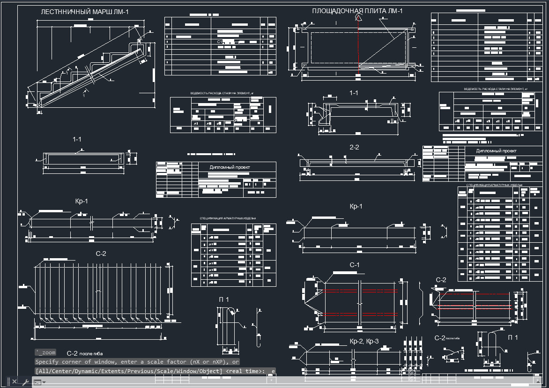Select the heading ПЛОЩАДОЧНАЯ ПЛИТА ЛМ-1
click(357, 11)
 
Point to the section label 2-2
click(354, 147)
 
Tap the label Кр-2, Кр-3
click(364, 341)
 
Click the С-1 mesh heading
click(355, 265)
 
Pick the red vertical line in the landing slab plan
click(358, 42)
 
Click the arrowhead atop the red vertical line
click(358, 18)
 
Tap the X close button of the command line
click(15, 382)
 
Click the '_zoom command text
click(45, 352)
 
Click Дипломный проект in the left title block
click(230, 167)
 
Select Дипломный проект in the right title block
click(496, 151)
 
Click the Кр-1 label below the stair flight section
click(82, 201)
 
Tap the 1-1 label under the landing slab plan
click(354, 93)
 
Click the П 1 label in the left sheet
click(223, 299)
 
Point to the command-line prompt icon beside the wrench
click(37, 382)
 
